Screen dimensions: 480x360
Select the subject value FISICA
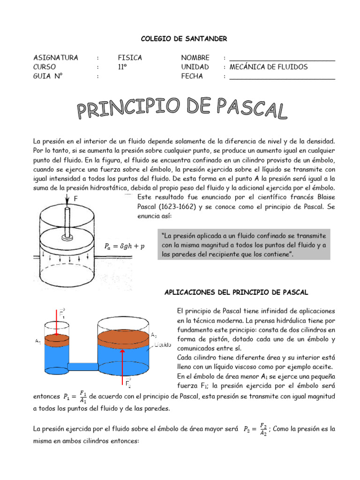tap(130, 58)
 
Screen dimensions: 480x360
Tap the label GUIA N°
tap(48, 76)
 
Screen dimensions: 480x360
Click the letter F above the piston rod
tap(75, 198)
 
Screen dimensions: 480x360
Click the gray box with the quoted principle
tap(245, 244)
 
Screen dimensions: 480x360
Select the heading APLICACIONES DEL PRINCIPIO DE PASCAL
tap(236, 292)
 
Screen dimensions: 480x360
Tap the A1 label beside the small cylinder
tap(38, 341)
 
